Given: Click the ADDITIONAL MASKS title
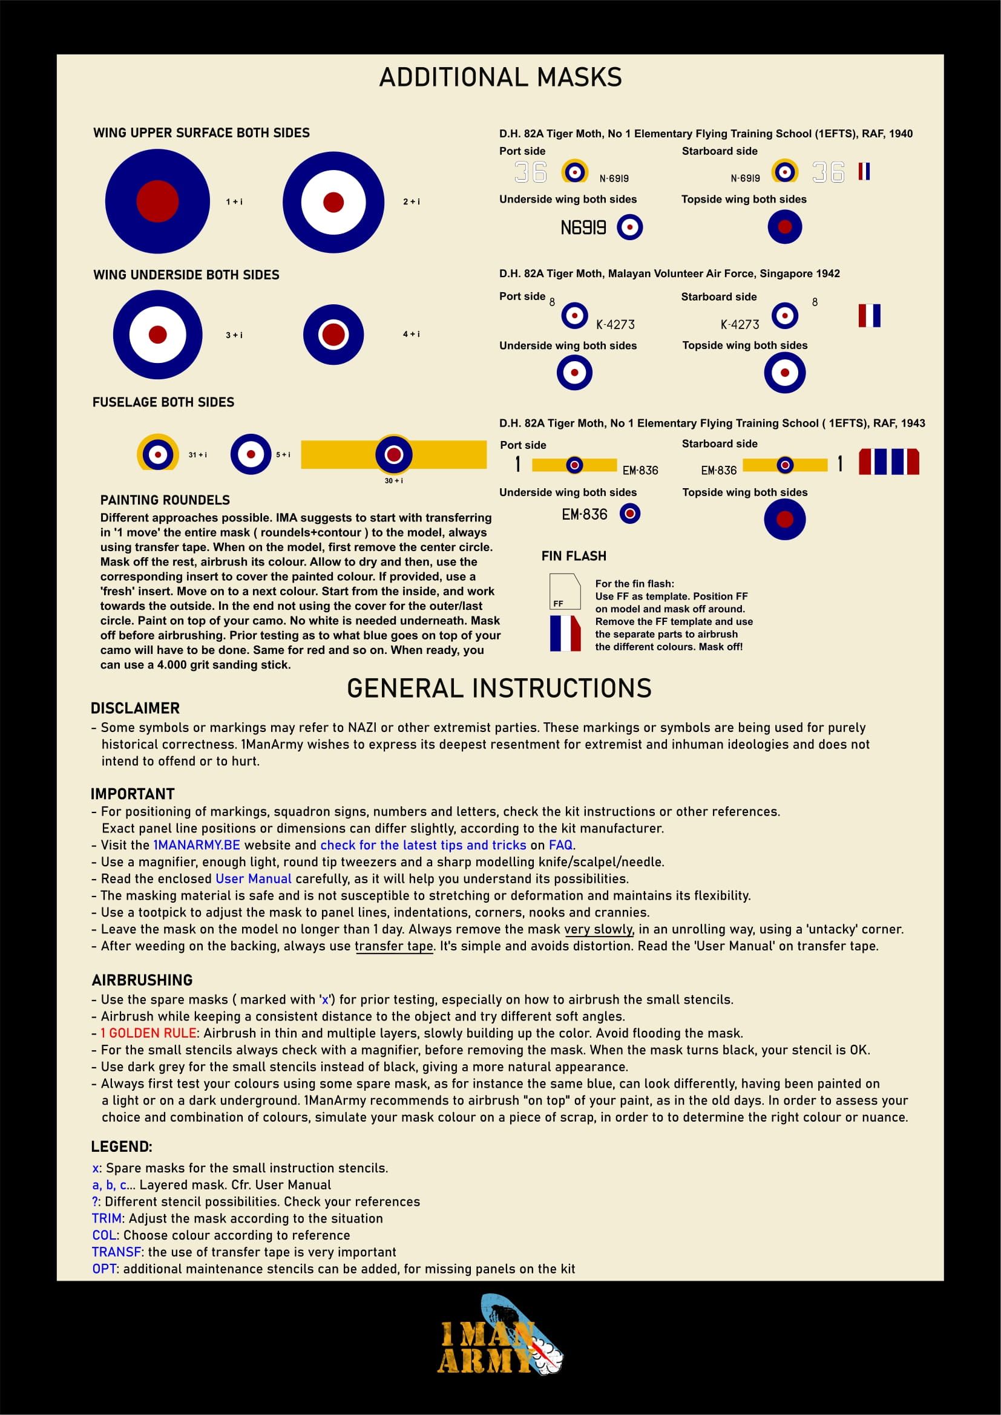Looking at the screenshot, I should tap(500, 77).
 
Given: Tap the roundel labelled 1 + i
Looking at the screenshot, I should tap(157, 201).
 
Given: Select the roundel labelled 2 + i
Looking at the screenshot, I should tap(333, 202).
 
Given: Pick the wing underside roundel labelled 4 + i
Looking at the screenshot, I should tap(333, 334).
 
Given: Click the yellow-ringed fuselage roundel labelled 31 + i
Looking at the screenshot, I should tap(158, 454).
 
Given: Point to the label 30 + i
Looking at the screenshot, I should tap(393, 481).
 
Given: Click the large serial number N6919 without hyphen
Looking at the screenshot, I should tap(582, 228).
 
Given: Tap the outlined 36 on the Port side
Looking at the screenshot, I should tap(530, 172).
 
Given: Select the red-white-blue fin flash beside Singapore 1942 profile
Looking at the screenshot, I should tap(869, 316).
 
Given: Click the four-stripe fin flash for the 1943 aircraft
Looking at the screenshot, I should tap(888, 462).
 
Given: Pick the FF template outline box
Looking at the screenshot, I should tap(565, 591).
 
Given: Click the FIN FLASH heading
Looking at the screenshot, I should tap(573, 556).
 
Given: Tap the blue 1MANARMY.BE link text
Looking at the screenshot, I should tap(196, 845).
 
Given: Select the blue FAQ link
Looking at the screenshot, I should tap(560, 845).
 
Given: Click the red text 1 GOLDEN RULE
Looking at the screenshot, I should tap(148, 1033).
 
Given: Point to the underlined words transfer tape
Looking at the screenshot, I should tap(394, 946).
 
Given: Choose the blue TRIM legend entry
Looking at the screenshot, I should tap(107, 1218).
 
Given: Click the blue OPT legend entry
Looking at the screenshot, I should tap(104, 1269).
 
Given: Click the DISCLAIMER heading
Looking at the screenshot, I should tap(135, 708).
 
